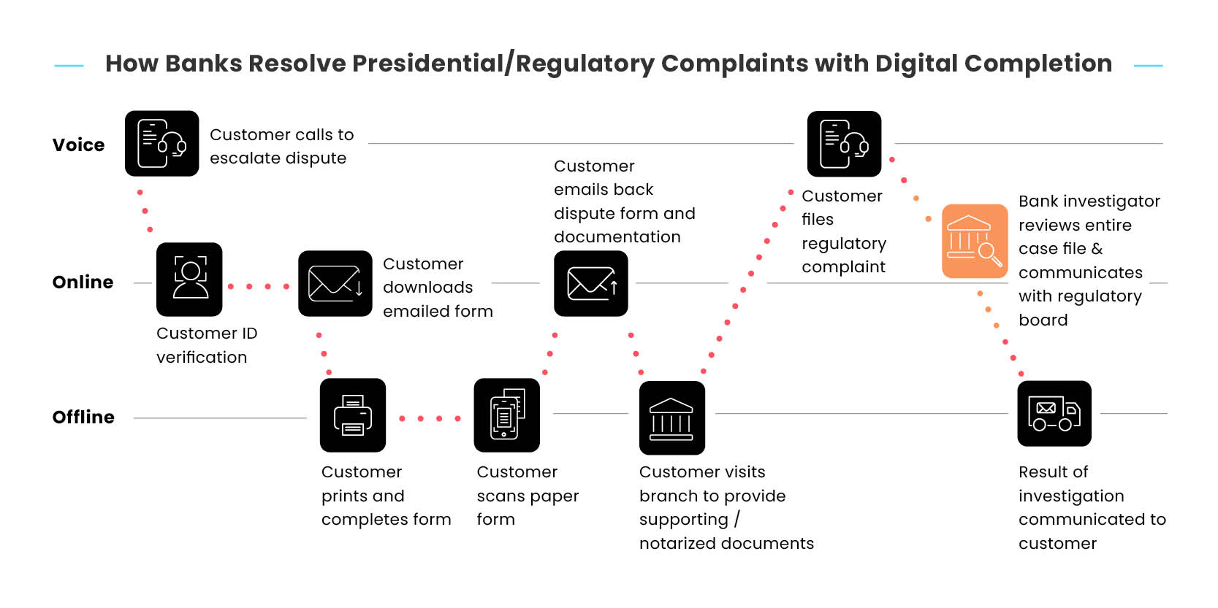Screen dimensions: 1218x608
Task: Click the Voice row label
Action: click(78, 145)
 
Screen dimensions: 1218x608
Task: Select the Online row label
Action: click(83, 282)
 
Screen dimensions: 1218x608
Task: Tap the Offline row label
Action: click(83, 417)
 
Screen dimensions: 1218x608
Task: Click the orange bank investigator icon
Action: click(975, 242)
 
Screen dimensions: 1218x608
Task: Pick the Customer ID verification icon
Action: click(189, 280)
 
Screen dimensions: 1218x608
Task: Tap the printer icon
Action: click(353, 415)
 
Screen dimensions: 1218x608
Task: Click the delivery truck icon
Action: click(1054, 413)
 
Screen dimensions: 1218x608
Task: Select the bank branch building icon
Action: click(672, 417)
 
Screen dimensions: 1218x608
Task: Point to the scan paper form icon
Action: click(507, 415)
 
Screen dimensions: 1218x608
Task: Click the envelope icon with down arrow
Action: click(335, 284)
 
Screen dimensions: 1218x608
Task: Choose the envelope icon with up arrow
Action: click(591, 284)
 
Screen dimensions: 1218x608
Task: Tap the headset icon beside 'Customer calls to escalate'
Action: click(162, 144)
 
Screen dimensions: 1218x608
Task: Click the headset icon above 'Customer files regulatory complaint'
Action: click(844, 144)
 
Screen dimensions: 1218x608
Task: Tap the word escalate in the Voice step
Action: click(241, 158)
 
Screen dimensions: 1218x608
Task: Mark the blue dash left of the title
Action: click(69, 66)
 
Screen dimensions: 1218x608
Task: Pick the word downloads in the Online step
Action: click(428, 288)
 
